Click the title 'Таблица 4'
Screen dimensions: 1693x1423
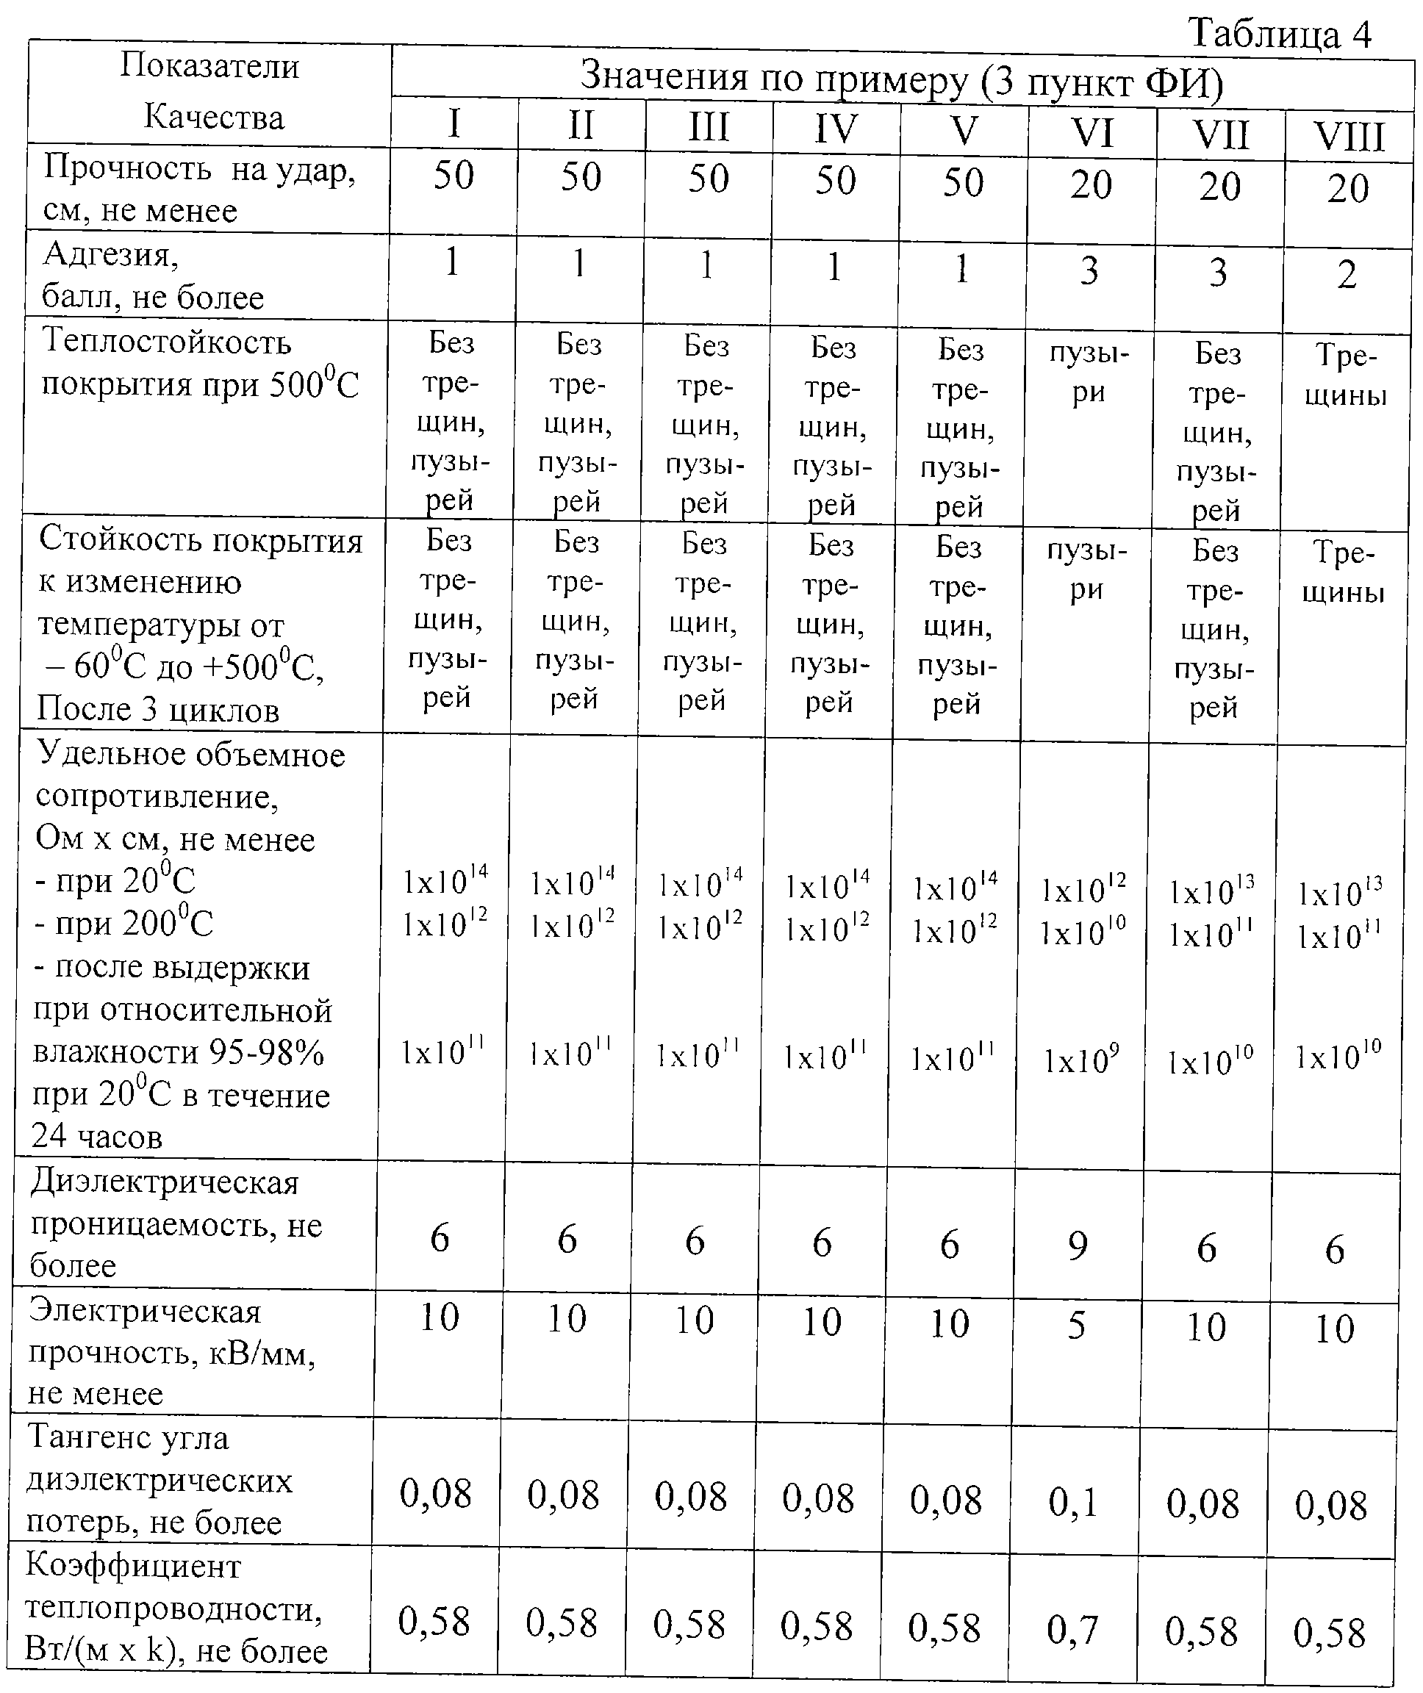click(x=1280, y=34)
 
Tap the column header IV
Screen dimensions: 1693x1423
click(x=836, y=129)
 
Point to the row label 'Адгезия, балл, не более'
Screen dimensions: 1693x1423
click(x=154, y=276)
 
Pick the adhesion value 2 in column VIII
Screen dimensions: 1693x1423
click(x=1347, y=275)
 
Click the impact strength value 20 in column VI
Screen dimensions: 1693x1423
click(x=1092, y=184)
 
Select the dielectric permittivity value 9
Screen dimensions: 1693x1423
click(x=1078, y=1246)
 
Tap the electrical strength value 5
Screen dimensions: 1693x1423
click(x=1077, y=1325)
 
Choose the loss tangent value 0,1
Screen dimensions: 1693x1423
click(x=1073, y=1501)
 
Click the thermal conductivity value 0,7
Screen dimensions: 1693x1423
click(x=1072, y=1628)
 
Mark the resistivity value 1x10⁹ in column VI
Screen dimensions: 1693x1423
click(x=1081, y=1060)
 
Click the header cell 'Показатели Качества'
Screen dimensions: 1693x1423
click(x=212, y=92)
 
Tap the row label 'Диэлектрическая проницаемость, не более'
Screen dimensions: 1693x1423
click(x=176, y=1223)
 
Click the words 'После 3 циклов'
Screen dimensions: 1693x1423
click(x=158, y=709)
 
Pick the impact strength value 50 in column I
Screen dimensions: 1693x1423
click(x=454, y=176)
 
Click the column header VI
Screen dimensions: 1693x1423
click(x=1092, y=133)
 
